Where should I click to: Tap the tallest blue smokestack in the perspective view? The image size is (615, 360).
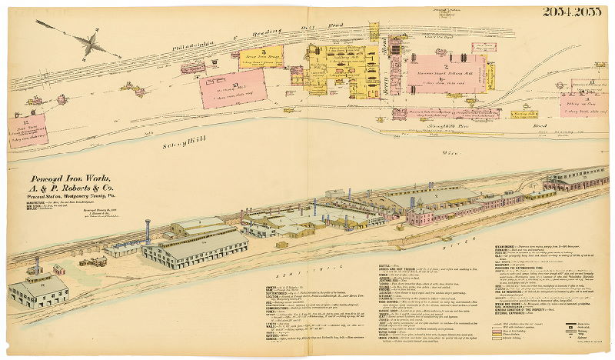coord(148,232)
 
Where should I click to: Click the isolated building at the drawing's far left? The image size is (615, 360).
coord(38,290)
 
